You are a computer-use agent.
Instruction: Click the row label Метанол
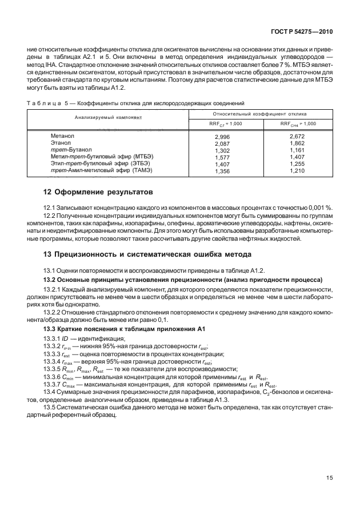pos(63,136)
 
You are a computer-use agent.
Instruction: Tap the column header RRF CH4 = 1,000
pos(298,123)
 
